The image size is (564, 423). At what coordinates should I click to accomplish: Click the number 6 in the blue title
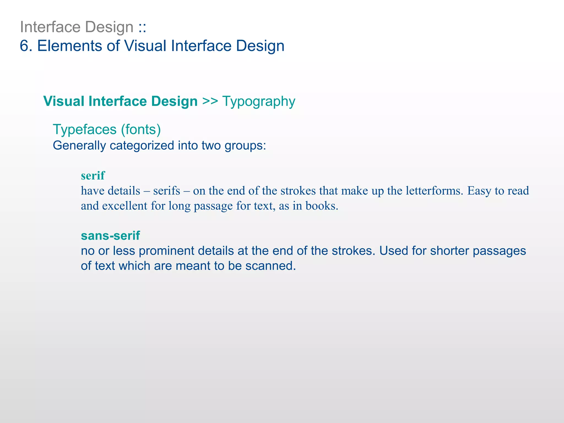[25, 46]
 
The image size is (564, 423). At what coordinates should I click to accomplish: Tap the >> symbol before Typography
[210, 101]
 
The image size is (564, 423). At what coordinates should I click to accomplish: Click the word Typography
[259, 102]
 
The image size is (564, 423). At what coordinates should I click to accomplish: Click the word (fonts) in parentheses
[141, 130]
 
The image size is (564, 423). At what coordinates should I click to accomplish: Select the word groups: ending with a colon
[245, 146]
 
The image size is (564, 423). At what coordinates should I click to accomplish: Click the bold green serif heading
[93, 176]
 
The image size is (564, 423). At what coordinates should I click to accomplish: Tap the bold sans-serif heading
[110, 235]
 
